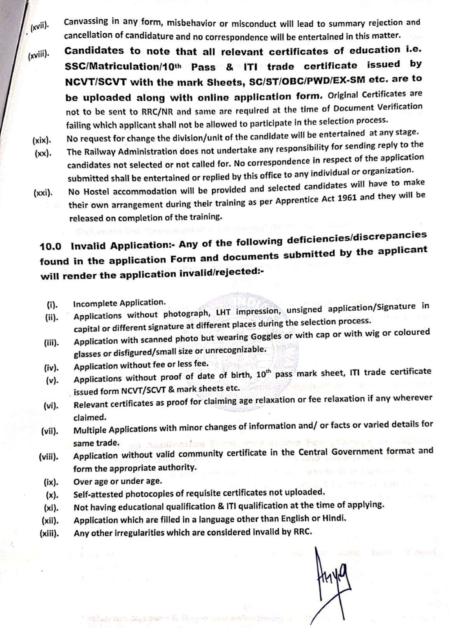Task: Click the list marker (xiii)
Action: point(49,533)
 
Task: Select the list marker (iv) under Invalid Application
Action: point(51,367)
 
